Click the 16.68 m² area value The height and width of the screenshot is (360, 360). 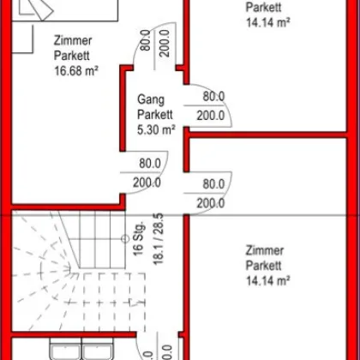[74, 71]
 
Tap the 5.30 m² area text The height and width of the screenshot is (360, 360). [156, 130]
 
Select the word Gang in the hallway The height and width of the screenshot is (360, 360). [150, 99]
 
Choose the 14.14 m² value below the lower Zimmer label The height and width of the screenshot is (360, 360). [268, 279]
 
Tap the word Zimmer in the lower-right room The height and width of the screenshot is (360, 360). [265, 249]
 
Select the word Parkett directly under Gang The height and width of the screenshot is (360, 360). [156, 115]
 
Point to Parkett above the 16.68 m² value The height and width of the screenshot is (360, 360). [71, 56]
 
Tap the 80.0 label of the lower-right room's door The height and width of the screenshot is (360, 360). [214, 183]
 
